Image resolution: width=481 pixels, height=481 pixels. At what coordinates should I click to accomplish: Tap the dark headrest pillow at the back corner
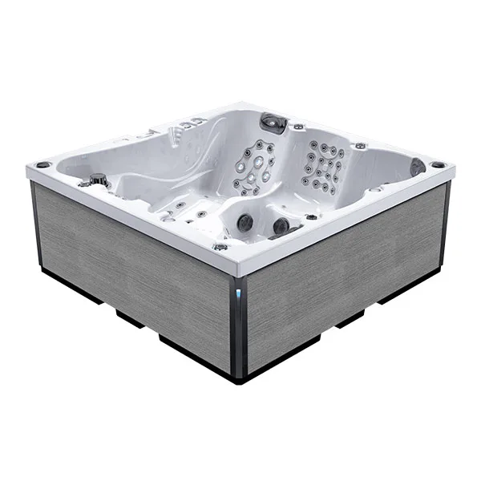[x=273, y=122]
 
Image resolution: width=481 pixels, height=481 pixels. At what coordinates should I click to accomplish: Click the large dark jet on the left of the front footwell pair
[x=245, y=222]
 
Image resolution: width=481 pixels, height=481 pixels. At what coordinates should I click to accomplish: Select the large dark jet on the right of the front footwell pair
[x=281, y=227]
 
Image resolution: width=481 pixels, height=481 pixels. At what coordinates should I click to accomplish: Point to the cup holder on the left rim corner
[x=42, y=165]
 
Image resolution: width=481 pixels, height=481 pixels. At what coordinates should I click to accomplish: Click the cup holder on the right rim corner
[x=437, y=165]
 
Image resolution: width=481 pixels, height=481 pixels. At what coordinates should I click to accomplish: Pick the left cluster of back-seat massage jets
[x=254, y=167]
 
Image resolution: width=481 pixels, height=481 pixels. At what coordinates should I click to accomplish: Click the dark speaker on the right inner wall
[x=417, y=167]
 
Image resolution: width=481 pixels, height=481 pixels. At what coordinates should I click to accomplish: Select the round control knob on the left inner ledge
[x=98, y=178]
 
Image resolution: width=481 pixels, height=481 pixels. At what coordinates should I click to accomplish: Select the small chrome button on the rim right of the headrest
[x=298, y=127]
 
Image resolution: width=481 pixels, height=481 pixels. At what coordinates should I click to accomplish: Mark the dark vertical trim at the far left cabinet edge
[x=35, y=224]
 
